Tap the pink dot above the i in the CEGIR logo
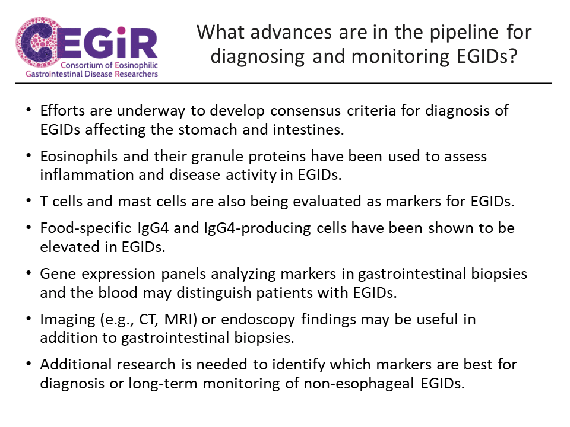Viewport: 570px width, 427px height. [121, 30]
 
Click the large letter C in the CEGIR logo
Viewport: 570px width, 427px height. [36, 42]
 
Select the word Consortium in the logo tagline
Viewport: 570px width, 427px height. [82, 65]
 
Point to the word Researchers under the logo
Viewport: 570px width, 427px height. [137, 74]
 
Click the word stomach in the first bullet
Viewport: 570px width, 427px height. [208, 129]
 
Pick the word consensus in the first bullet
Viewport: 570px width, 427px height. [305, 111]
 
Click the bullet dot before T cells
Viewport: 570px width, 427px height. [28, 201]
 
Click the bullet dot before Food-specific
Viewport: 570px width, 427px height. [28, 228]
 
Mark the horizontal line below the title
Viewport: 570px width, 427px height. [284, 84]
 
